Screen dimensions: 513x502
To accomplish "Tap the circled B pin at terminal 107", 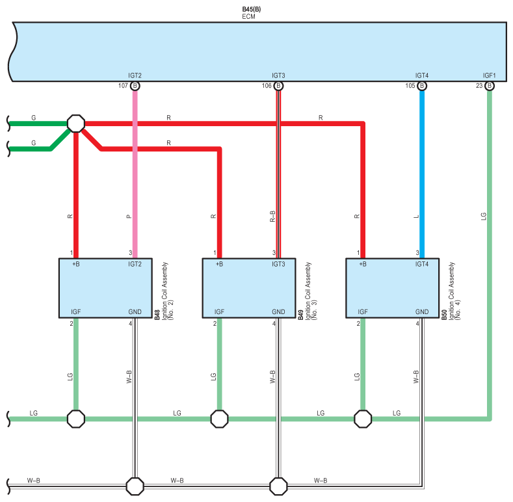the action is [x=135, y=86].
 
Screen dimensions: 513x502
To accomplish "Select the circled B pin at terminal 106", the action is [x=278, y=86].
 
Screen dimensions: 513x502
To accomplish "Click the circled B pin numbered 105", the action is [x=422, y=86].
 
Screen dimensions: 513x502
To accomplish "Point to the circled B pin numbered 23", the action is [x=490, y=86].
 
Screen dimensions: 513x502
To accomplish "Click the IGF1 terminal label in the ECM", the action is [x=490, y=75].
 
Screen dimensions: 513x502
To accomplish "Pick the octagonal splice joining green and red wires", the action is [x=76, y=124].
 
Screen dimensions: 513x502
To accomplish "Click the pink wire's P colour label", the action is [x=129, y=217].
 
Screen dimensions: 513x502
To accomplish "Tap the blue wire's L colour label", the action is [x=416, y=217].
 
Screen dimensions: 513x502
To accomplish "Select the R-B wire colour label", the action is [x=272, y=217].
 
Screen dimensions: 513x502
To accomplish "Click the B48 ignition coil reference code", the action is [x=157, y=315].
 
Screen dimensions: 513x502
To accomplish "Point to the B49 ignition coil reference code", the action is [x=300, y=315].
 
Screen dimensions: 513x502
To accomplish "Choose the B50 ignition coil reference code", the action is [x=444, y=315].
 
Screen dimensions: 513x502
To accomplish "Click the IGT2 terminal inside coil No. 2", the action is [x=135, y=264].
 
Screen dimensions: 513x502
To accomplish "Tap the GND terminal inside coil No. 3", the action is [x=278, y=312].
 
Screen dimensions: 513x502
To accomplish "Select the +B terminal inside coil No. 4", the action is [x=363, y=264].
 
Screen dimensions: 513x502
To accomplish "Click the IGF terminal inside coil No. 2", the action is [x=76, y=312].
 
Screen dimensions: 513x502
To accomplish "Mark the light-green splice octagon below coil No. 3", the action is [x=219, y=419].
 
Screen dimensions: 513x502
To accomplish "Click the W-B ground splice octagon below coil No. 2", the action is [x=135, y=486].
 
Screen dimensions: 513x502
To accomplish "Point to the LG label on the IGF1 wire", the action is [x=484, y=217].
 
